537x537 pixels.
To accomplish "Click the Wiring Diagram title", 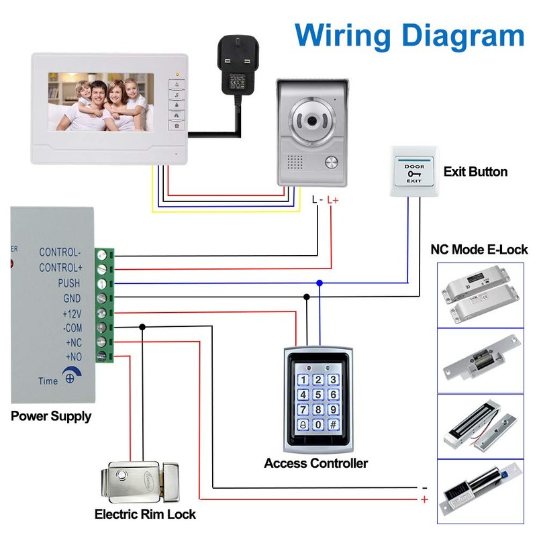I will [409, 34].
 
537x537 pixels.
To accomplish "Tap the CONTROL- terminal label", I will [60, 253].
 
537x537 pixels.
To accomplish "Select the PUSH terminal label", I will [68, 284].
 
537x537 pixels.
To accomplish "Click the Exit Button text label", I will [475, 172].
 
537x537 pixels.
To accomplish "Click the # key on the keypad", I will [332, 425].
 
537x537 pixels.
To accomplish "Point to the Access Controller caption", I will [315, 463].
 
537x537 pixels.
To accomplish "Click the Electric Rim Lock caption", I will [145, 515].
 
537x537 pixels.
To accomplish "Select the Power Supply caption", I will [51, 416].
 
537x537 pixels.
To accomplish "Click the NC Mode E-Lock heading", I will [479, 250].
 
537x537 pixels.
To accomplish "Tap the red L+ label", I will [334, 200].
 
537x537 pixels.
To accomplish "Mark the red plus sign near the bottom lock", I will [424, 499].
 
